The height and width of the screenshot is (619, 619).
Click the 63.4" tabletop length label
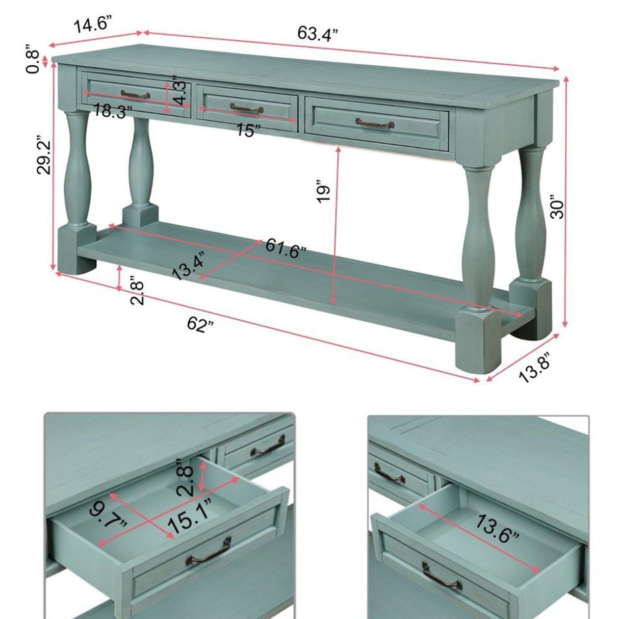point(318,34)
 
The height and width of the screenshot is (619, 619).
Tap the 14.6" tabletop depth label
point(92,25)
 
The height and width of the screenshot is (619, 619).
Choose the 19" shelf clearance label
point(323,191)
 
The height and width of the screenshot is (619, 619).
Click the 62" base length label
point(200,325)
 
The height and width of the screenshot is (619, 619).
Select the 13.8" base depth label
point(534,368)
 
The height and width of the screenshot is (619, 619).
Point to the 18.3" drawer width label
point(113,111)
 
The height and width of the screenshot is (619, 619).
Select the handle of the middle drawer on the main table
point(246,108)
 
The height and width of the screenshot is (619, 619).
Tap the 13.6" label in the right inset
point(498,528)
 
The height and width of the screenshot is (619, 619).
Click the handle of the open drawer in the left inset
point(211,550)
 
